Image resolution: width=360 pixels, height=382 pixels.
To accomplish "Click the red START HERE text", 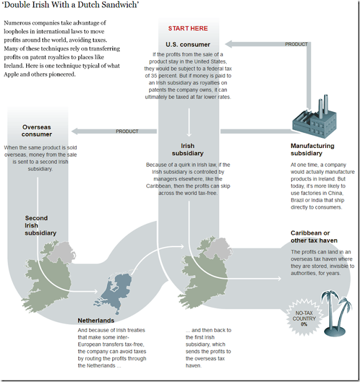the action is click(188, 29).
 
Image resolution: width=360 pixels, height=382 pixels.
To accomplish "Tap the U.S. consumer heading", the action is click(187, 45).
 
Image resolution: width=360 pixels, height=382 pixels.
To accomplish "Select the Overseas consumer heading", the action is click(36, 131).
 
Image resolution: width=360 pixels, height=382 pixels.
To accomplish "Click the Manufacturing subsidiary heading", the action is click(312, 149).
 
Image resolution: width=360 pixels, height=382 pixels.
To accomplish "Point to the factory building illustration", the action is click(315, 117).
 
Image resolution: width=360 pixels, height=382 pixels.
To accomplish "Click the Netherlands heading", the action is click(96, 321).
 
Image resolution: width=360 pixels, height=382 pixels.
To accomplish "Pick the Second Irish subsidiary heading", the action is click(40, 226).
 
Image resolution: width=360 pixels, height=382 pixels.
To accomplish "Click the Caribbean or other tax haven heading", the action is click(314, 236).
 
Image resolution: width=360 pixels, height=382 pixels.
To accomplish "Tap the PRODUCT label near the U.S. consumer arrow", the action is click(296, 44).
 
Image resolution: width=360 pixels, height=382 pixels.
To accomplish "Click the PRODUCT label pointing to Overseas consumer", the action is click(127, 131).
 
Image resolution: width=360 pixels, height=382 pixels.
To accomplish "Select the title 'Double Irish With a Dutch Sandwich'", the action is click(70, 5).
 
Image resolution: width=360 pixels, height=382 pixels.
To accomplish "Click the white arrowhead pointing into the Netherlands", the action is click(96, 291).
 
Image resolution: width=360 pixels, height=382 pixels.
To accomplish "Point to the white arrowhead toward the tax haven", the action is click(279, 279).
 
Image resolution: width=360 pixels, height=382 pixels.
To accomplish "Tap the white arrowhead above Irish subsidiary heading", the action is click(189, 134).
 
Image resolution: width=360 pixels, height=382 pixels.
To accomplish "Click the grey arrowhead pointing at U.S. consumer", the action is click(229, 44).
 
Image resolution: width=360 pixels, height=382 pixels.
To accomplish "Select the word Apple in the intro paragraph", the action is click(11, 74).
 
